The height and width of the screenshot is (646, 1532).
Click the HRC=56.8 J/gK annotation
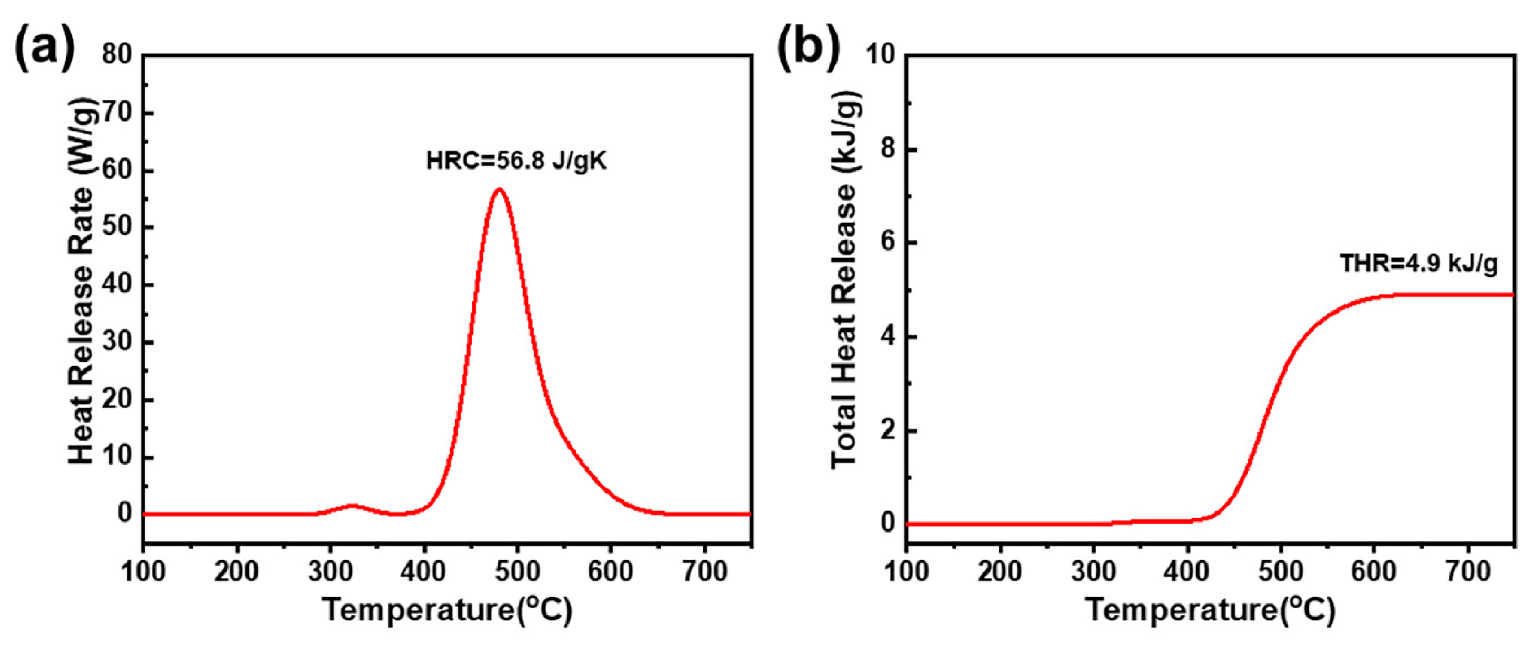tap(515, 161)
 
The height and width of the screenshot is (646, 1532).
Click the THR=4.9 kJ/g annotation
tap(1418, 263)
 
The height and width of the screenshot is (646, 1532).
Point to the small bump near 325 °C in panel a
tap(353, 506)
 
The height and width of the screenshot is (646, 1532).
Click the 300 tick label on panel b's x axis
tap(1093, 572)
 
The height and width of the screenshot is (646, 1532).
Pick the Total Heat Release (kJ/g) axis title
tap(844, 281)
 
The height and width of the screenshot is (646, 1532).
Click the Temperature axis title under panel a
tap(447, 610)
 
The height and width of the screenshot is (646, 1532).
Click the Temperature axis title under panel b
tap(1210, 610)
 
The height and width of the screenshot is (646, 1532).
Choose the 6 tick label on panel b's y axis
tap(888, 243)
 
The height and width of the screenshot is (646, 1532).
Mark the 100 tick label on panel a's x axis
tap(143, 572)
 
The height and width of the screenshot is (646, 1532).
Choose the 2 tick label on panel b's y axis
tap(888, 431)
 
